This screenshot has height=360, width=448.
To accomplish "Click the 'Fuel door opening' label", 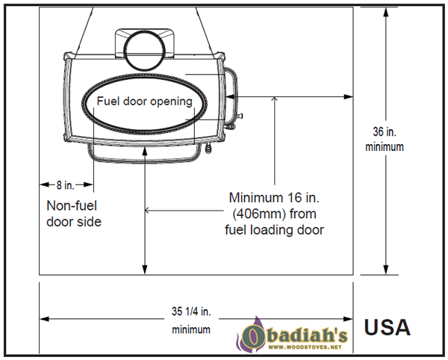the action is click(x=145, y=102).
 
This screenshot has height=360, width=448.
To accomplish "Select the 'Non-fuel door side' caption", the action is click(x=74, y=214).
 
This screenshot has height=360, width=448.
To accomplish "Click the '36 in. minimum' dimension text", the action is click(x=385, y=140).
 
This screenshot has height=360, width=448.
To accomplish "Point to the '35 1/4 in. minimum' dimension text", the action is click(x=191, y=320).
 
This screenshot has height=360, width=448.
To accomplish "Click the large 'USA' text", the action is click(x=387, y=327).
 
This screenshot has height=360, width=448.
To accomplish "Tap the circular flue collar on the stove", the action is click(x=145, y=50).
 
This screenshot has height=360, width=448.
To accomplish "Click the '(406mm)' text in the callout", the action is click(x=258, y=214).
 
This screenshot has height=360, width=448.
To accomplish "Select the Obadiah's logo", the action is click(x=292, y=335).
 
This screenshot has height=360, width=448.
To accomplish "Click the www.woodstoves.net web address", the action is click(x=305, y=347).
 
